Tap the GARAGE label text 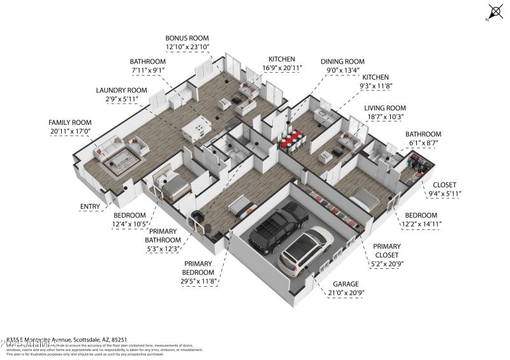pos(344,284)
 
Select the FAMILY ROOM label pos(70,122)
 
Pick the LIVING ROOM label pos(384,108)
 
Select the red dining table pos(293,138)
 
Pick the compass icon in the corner pos(496,11)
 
